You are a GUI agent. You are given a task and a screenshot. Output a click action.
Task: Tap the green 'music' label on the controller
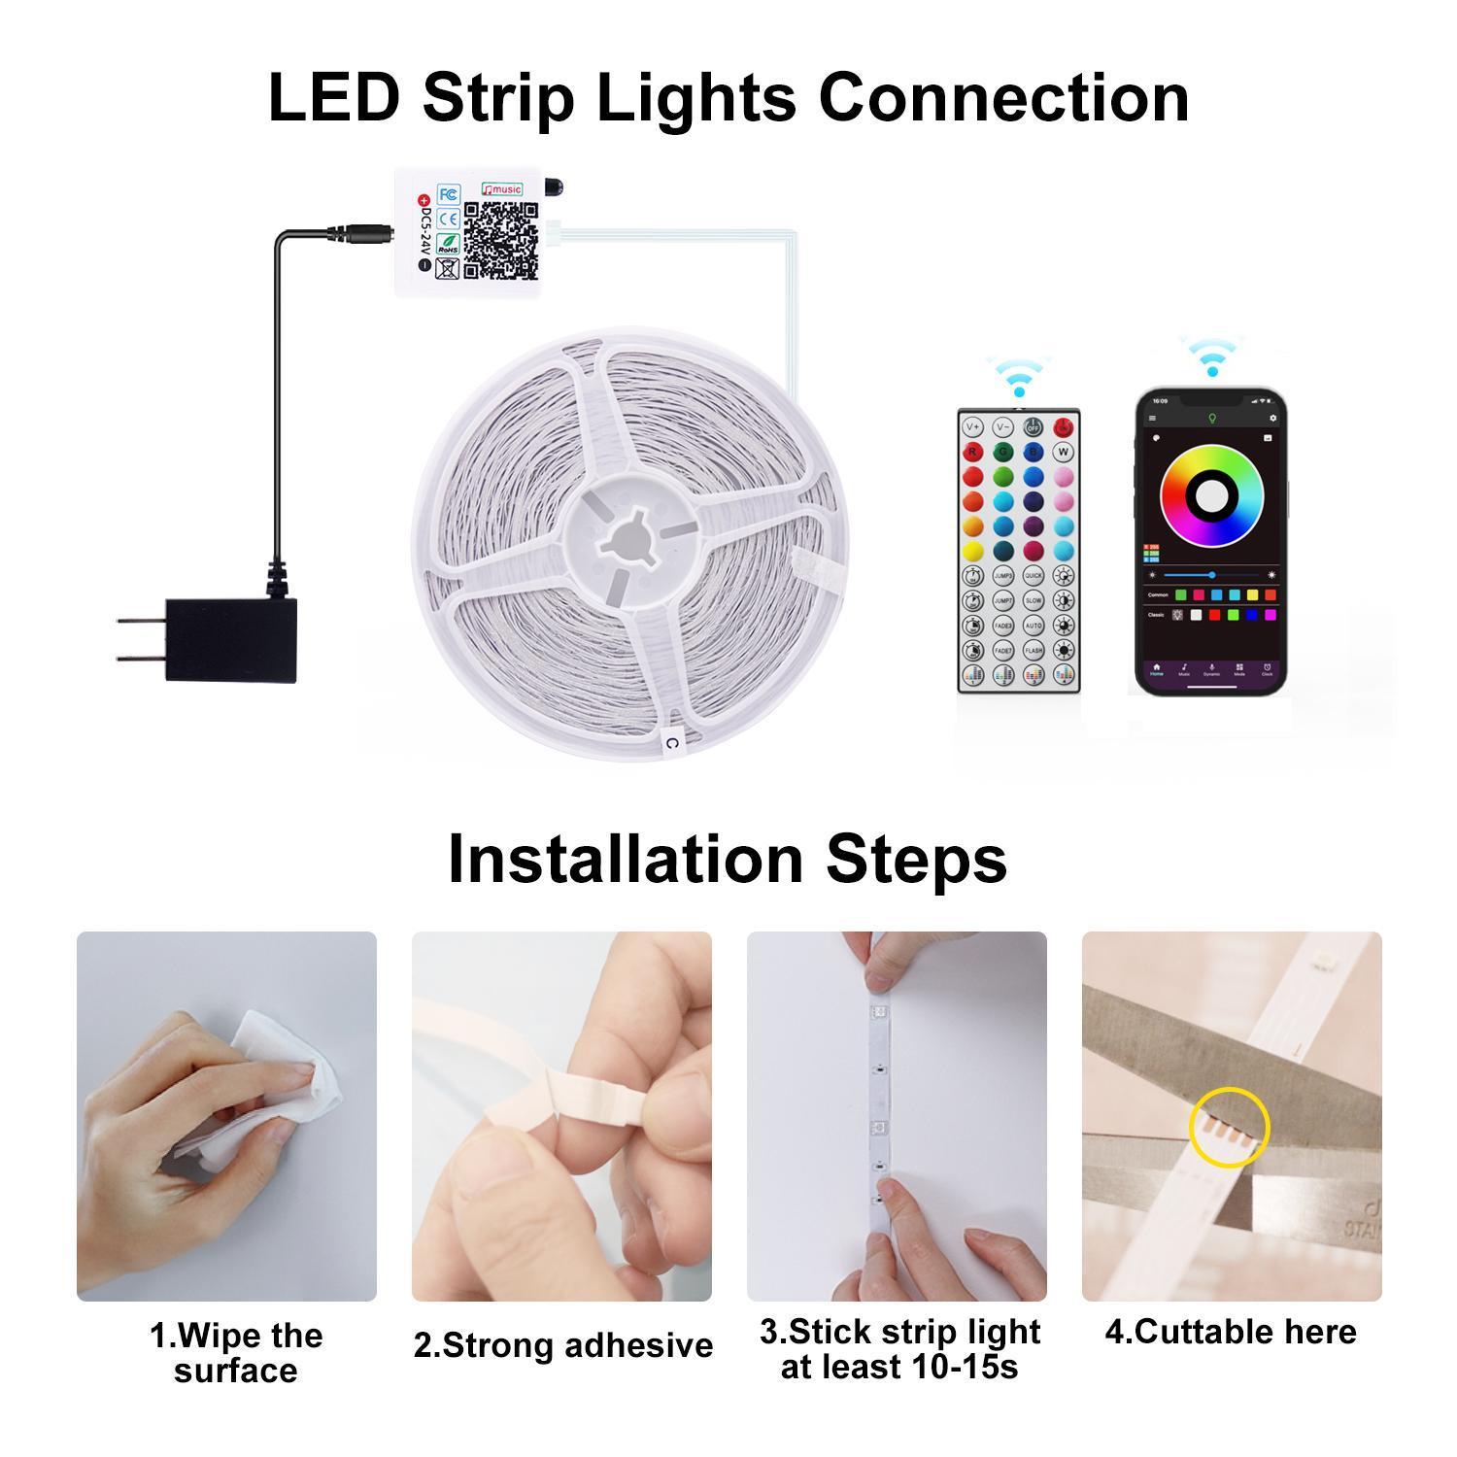pyautogui.click(x=502, y=189)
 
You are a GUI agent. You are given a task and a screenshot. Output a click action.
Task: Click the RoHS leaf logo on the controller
pyautogui.click(x=448, y=244)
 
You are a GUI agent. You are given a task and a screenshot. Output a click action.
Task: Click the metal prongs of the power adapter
pyautogui.click(x=139, y=639)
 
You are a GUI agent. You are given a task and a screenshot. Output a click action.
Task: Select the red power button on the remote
pyautogui.click(x=1063, y=427)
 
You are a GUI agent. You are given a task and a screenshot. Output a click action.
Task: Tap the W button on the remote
pyautogui.click(x=1063, y=452)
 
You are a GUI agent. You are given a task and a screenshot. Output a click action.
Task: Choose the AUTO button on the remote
pyautogui.click(x=1033, y=625)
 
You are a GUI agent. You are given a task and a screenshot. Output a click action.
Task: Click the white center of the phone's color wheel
pyautogui.click(x=1211, y=495)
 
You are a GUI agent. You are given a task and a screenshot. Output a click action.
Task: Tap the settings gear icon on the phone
pyautogui.click(x=1272, y=419)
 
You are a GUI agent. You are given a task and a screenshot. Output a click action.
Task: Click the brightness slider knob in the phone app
pyautogui.click(x=1212, y=575)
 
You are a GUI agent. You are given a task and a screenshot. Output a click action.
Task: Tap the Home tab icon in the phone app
pyautogui.click(x=1156, y=670)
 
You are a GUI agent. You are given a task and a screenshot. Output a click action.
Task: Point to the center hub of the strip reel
pyautogui.click(x=628, y=542)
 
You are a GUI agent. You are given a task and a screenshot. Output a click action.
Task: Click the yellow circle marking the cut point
pyautogui.click(x=1230, y=1127)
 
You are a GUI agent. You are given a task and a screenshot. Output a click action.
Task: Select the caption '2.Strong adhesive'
pyautogui.click(x=562, y=1345)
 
